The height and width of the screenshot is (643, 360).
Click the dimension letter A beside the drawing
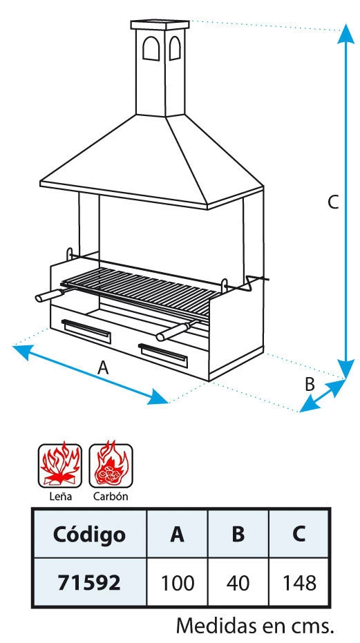click(x=104, y=368)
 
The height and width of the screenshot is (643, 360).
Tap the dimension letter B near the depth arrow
click(x=310, y=385)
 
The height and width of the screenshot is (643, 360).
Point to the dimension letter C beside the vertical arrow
click(x=333, y=202)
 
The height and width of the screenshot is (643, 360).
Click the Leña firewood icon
click(x=60, y=465)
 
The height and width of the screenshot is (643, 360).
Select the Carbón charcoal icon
click(x=111, y=465)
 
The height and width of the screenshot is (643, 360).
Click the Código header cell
click(x=89, y=535)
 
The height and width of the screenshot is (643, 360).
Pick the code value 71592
click(x=89, y=582)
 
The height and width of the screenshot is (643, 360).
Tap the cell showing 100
click(x=178, y=582)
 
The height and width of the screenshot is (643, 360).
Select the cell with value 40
click(x=238, y=582)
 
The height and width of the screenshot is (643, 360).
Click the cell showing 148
click(x=299, y=582)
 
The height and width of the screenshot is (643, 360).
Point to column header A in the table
click(x=178, y=535)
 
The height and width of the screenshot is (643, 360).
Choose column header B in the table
click(x=238, y=535)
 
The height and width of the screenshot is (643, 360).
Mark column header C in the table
click(x=299, y=535)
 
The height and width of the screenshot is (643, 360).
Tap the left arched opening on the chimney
click(x=151, y=49)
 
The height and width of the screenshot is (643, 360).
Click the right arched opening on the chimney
click(x=175, y=48)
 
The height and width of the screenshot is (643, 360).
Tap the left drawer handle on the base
click(x=86, y=332)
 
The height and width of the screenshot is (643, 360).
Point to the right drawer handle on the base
click(x=163, y=356)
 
